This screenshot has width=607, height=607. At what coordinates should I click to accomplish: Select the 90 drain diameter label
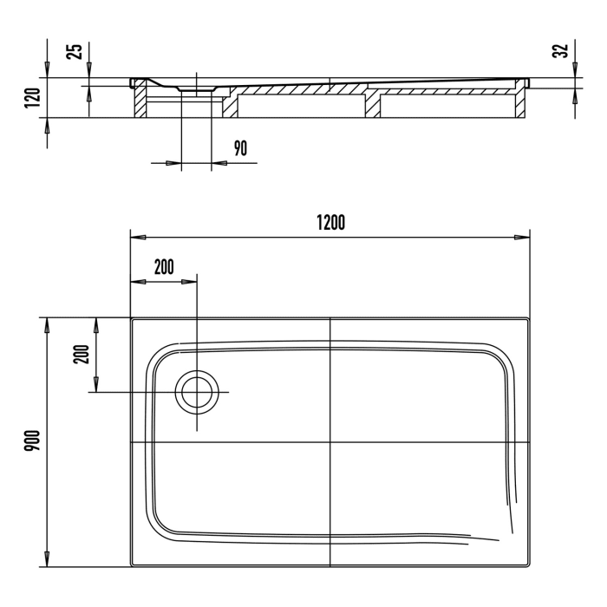(240, 148)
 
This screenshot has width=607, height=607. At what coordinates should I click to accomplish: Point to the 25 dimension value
(75, 50)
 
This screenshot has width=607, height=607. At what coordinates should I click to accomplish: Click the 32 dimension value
(562, 50)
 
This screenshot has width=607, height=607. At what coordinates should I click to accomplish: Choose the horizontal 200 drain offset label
(163, 266)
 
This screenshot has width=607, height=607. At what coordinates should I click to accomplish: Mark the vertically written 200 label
(82, 355)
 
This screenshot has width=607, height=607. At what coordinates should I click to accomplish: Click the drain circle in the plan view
(197, 393)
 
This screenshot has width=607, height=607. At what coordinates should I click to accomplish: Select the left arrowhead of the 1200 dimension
(136, 237)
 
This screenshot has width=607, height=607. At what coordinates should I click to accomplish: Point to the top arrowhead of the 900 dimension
(47, 323)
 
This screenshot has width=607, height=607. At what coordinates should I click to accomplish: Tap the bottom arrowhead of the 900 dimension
(47, 561)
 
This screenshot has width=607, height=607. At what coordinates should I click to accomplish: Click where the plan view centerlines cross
(330, 442)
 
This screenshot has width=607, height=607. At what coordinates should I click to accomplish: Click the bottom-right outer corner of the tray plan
(529, 567)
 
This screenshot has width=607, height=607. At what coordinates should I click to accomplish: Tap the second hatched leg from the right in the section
(372, 104)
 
